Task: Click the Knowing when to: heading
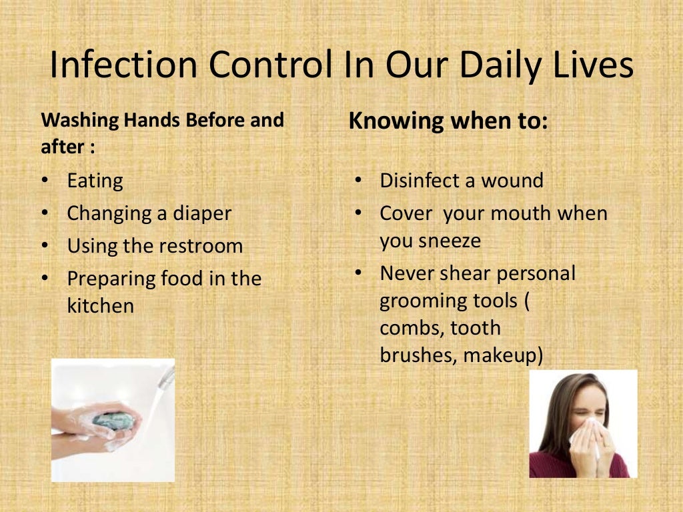[x=448, y=121]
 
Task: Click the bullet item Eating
[x=95, y=181]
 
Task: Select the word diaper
[x=202, y=214]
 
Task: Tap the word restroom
[x=200, y=246]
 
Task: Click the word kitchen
[x=100, y=306]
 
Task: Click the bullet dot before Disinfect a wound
[x=358, y=180]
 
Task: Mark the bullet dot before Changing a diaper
[x=45, y=213]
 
